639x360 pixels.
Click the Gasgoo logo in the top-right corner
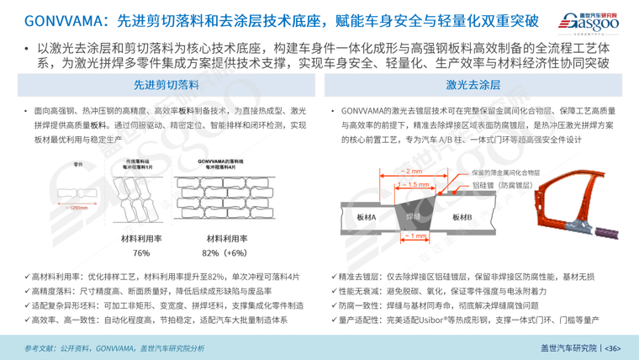point(588,20)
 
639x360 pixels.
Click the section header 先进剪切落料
point(166,85)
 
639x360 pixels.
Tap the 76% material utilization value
point(140,252)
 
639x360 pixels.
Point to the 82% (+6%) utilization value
point(224,252)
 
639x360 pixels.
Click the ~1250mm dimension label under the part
point(77,208)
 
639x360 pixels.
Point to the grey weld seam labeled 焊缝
point(414,215)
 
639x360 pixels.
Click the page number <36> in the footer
point(611,347)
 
